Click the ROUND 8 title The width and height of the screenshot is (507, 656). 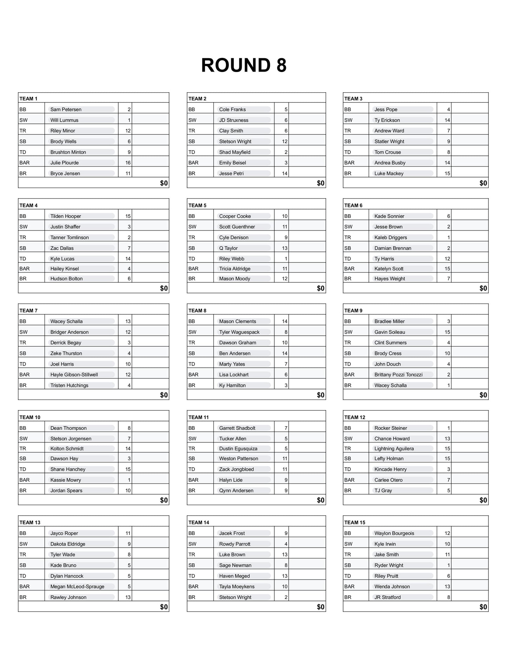244,66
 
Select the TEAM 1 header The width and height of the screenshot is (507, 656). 28,99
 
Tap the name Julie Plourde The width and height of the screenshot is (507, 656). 65,163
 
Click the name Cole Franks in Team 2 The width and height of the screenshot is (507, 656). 232,109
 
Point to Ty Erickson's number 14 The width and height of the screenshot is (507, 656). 447,120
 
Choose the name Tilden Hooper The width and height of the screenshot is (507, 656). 66,216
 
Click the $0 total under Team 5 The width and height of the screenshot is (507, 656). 321,288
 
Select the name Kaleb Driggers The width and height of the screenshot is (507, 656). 391,237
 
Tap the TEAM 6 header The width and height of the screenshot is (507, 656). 353,205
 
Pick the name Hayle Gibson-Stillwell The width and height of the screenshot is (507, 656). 74,375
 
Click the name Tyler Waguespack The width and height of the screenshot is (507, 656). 239,332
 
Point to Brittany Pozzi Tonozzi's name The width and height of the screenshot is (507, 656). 398,375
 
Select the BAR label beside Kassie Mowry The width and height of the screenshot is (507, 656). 25,480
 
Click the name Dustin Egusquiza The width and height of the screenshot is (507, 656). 238,448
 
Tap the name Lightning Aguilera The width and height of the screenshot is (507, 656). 394,448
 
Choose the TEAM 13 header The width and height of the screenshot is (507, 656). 30,522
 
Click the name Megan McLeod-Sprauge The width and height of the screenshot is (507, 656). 77,587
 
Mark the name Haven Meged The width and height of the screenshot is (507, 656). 234,576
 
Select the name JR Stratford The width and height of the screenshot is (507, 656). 387,597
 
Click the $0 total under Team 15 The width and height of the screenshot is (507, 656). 483,607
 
